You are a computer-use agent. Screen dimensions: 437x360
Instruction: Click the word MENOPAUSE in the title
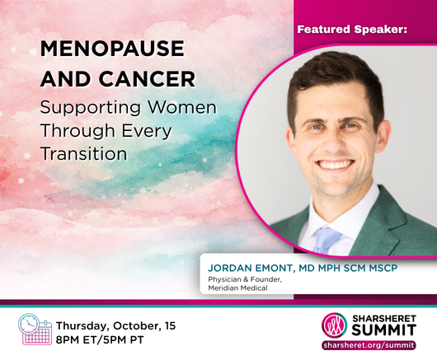(112, 49)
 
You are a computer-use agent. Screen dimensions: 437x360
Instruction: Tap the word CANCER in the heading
(147, 79)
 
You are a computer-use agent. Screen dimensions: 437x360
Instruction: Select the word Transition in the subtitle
(84, 154)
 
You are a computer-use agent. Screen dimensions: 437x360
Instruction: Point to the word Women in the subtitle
(182, 107)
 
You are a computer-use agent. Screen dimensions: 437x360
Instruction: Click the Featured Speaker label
(352, 29)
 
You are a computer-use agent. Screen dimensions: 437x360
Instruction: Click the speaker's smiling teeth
(336, 164)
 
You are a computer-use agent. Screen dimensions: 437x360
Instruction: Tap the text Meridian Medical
(237, 288)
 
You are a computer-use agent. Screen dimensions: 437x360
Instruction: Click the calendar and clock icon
(35, 329)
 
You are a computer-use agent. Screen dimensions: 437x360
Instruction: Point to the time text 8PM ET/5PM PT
(100, 339)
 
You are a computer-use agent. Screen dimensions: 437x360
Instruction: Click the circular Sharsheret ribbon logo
(335, 325)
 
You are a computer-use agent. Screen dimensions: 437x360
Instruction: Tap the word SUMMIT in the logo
(383, 330)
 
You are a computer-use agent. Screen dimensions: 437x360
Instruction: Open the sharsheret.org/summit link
(369, 345)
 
